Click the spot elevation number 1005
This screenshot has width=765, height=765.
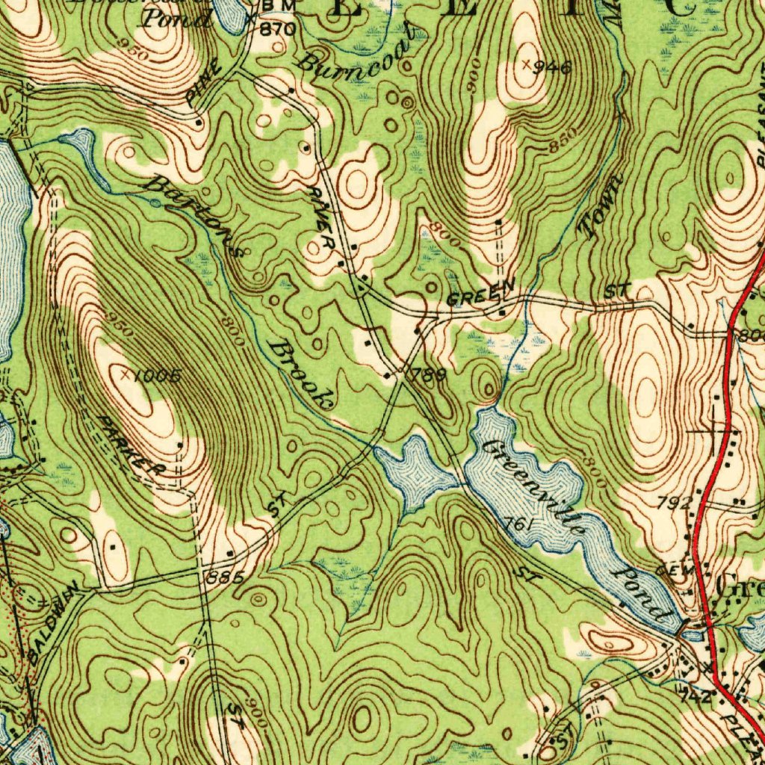[157, 376]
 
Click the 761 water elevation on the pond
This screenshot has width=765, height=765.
[517, 525]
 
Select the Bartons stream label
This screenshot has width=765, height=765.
[196, 215]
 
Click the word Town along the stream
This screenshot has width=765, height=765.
[602, 206]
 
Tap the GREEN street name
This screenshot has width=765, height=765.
[481, 294]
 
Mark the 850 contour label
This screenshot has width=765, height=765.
[563, 142]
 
